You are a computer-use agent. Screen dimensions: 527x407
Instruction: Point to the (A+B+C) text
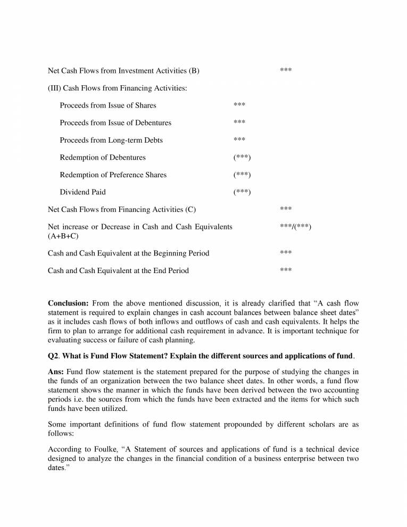(63, 236)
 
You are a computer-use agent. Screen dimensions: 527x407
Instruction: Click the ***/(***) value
(295, 227)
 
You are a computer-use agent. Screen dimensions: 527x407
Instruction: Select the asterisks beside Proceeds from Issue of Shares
(239, 105)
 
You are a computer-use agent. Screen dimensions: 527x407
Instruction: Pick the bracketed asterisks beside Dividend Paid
(242, 192)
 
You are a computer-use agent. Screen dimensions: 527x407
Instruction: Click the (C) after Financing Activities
(190, 209)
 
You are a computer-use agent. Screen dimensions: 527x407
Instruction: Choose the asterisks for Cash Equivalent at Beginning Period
(286, 253)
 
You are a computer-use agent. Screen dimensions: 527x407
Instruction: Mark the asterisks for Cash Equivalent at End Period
(286, 270)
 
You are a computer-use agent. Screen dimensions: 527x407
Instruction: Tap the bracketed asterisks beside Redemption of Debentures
(242, 158)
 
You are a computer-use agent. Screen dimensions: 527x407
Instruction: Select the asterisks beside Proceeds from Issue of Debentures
(239, 123)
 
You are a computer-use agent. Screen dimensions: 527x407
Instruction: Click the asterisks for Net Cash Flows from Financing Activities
(286, 209)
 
